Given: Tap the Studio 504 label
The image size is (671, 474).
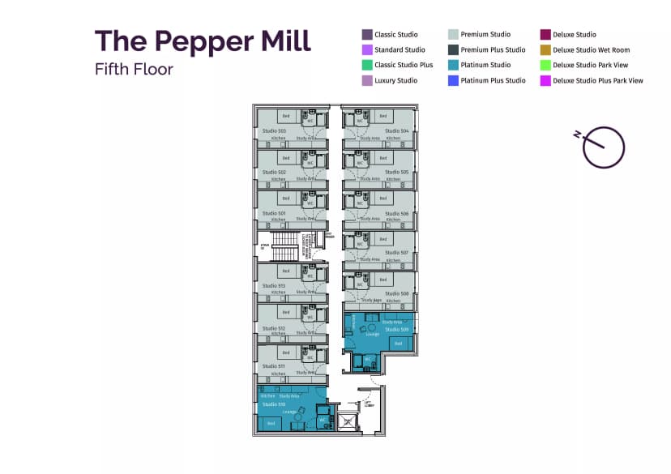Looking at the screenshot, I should click(397, 130).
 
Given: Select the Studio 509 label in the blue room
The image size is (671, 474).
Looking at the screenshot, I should click(396, 330).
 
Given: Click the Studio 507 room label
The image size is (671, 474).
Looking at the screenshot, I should click(397, 252).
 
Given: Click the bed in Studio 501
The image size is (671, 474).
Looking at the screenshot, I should click(285, 199).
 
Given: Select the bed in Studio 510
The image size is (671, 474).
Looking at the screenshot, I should click(271, 423).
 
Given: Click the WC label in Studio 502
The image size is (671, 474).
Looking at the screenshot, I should click(310, 163).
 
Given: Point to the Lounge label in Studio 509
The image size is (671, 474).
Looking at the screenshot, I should click(372, 334).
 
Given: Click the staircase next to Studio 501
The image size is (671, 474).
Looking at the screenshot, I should click(284, 247).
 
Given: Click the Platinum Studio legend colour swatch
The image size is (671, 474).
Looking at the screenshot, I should click(453, 65).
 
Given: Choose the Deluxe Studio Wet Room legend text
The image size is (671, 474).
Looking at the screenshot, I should click(591, 49).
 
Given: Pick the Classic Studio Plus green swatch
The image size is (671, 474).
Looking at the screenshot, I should click(367, 65).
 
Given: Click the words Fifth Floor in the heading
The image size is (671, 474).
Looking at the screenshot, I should click(134, 70).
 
